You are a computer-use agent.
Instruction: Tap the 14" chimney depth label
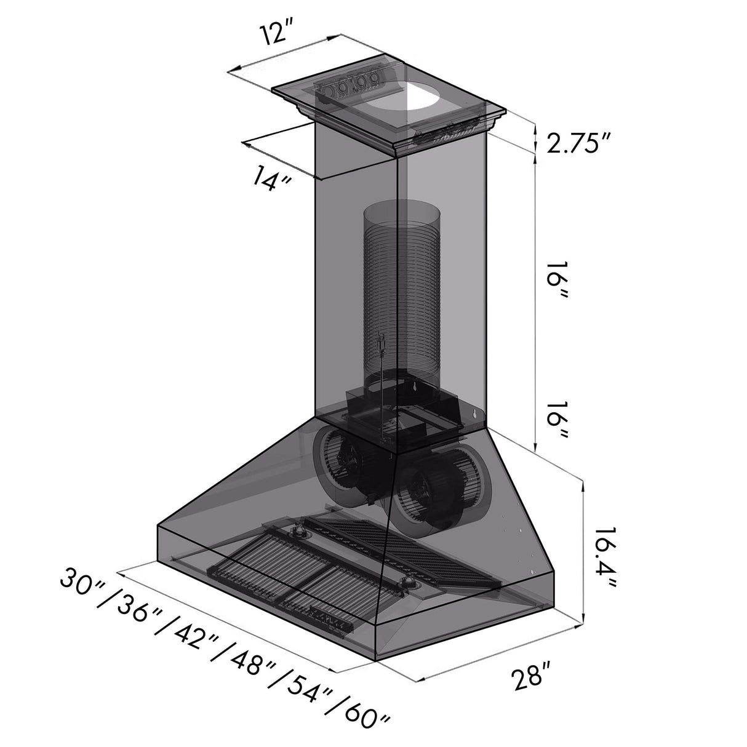[x=270, y=178]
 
